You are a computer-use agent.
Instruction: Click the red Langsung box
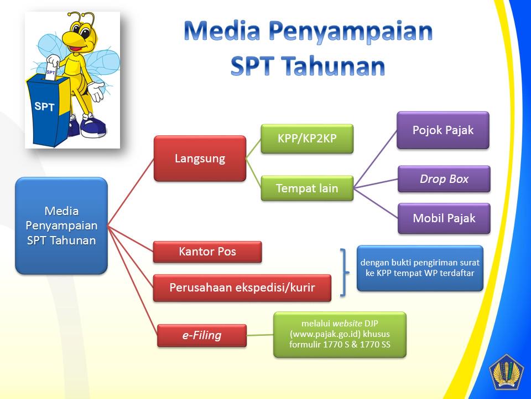[200, 158]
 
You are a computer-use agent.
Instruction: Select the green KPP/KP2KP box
[307, 139]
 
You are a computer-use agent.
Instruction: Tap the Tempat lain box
[307, 188]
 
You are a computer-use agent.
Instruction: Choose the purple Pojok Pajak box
[443, 130]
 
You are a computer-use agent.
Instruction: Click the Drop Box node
[444, 179]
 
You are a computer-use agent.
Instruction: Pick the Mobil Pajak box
[444, 218]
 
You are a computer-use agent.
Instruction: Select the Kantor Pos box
[207, 252]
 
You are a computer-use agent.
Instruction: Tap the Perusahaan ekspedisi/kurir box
[242, 288]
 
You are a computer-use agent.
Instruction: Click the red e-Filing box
[202, 335]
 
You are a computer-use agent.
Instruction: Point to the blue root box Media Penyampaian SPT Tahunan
[61, 226]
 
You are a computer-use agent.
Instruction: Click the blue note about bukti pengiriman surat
[420, 268]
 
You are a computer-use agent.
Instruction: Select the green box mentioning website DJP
[340, 334]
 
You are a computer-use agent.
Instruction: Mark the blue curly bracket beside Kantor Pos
[343, 273]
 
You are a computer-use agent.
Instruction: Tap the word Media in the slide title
[222, 30]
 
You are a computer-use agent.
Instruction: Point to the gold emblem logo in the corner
[506, 372]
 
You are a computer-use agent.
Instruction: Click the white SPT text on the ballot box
[44, 106]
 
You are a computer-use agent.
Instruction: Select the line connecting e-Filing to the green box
[260, 335]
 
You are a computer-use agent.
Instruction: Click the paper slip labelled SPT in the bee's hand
[51, 70]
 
